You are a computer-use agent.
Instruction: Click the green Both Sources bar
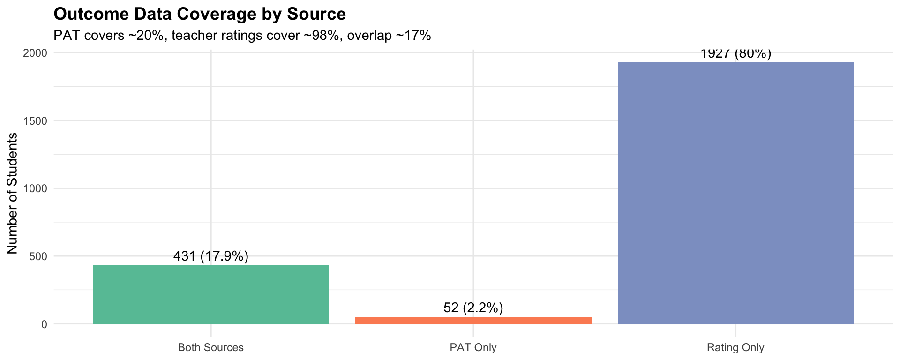(211, 294)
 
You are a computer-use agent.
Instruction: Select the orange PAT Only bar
(473, 320)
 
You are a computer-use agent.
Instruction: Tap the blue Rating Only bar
(735, 193)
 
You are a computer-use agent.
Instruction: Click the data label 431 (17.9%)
(211, 256)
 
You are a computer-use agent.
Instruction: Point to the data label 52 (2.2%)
(473, 308)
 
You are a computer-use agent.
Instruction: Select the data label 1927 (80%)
(735, 54)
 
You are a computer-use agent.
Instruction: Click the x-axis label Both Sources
(211, 348)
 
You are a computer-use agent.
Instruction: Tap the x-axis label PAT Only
(473, 348)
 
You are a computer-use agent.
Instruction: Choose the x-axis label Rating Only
(735, 348)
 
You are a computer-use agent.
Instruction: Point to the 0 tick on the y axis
(44, 324)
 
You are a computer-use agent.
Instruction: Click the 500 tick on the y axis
(38, 256)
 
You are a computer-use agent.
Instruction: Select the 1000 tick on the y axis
(35, 188)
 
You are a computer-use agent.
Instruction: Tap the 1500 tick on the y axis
(35, 121)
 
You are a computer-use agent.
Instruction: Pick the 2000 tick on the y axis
(35, 53)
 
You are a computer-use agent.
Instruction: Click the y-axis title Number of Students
(13, 193)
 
